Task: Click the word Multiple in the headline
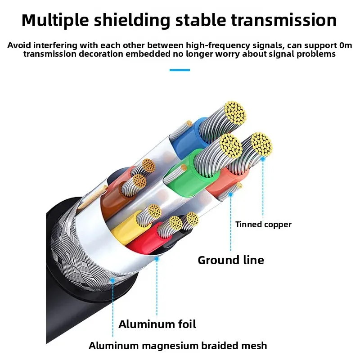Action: pyautogui.click(x=55, y=21)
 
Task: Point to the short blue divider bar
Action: pyautogui.click(x=180, y=70)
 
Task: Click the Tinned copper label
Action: pyautogui.click(x=263, y=224)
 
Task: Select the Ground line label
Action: pyautogui.click(x=231, y=260)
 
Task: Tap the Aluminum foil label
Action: pyautogui.click(x=157, y=324)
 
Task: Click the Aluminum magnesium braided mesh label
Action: pyautogui.click(x=178, y=346)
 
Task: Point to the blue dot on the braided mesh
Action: pyautogui.click(x=113, y=280)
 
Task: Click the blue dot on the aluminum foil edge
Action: pyautogui.click(x=157, y=259)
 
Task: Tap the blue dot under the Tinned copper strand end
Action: pyautogui.click(x=263, y=159)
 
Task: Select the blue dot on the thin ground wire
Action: pyautogui.click(x=231, y=195)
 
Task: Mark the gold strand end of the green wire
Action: pyautogui.click(x=231, y=146)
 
